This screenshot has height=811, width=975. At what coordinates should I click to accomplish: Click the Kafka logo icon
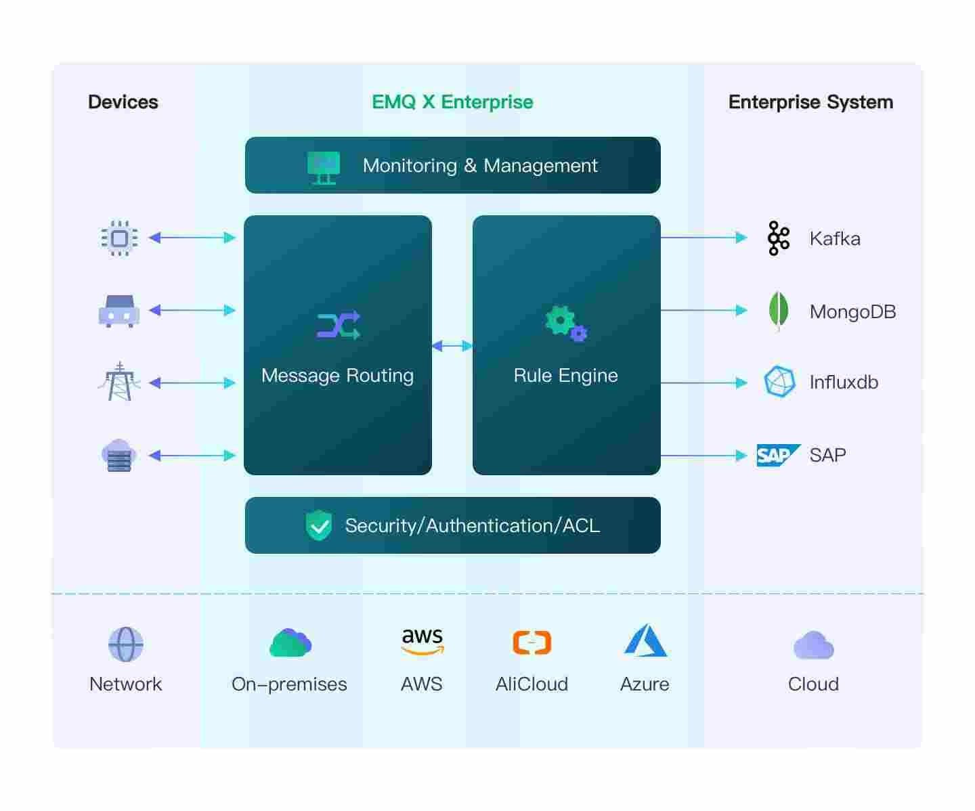pos(779,238)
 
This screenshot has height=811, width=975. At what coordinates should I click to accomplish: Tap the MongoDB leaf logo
pos(779,311)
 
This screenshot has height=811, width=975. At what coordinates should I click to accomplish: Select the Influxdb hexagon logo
pos(779,382)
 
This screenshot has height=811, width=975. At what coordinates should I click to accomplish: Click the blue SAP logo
pos(778,455)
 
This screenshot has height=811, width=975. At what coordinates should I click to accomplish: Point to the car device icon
pos(119,311)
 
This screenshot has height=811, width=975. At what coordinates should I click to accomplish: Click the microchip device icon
pos(120,238)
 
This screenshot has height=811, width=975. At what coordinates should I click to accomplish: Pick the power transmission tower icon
pos(120,381)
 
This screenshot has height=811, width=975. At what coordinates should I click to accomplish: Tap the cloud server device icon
pos(118,455)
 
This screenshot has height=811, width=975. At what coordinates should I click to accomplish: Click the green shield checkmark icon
pos(319,525)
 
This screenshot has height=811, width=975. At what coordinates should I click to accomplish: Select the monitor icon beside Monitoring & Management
pos(324,168)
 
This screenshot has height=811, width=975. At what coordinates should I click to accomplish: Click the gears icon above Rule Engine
pos(566,323)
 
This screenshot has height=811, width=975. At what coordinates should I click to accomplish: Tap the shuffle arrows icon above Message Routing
pos(339,324)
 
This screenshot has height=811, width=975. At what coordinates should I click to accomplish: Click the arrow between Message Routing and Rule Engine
pos(452,345)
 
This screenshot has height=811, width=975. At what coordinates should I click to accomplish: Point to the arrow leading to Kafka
pos(703,237)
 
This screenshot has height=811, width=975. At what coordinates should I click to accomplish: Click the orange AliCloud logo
pos(532,642)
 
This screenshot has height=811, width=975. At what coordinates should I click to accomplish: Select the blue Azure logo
pos(646,640)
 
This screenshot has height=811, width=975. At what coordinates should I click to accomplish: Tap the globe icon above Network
pos(126,644)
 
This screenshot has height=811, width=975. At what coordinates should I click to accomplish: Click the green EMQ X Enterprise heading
pos(452,102)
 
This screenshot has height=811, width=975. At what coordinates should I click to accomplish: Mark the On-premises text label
pos(289,684)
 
